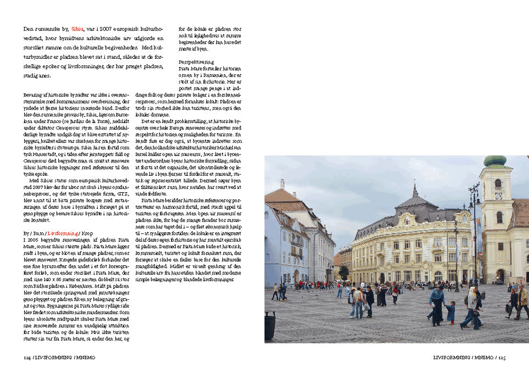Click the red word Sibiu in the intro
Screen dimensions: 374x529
78,28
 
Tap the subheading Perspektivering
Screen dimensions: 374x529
196,62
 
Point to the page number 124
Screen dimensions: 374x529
27,357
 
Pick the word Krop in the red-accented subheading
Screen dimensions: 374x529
86,233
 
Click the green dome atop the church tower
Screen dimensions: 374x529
494,161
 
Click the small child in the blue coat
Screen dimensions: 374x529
450,312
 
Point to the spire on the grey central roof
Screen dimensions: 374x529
415,189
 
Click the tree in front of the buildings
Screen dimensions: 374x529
344,272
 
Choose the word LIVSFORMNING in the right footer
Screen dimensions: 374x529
450,357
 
